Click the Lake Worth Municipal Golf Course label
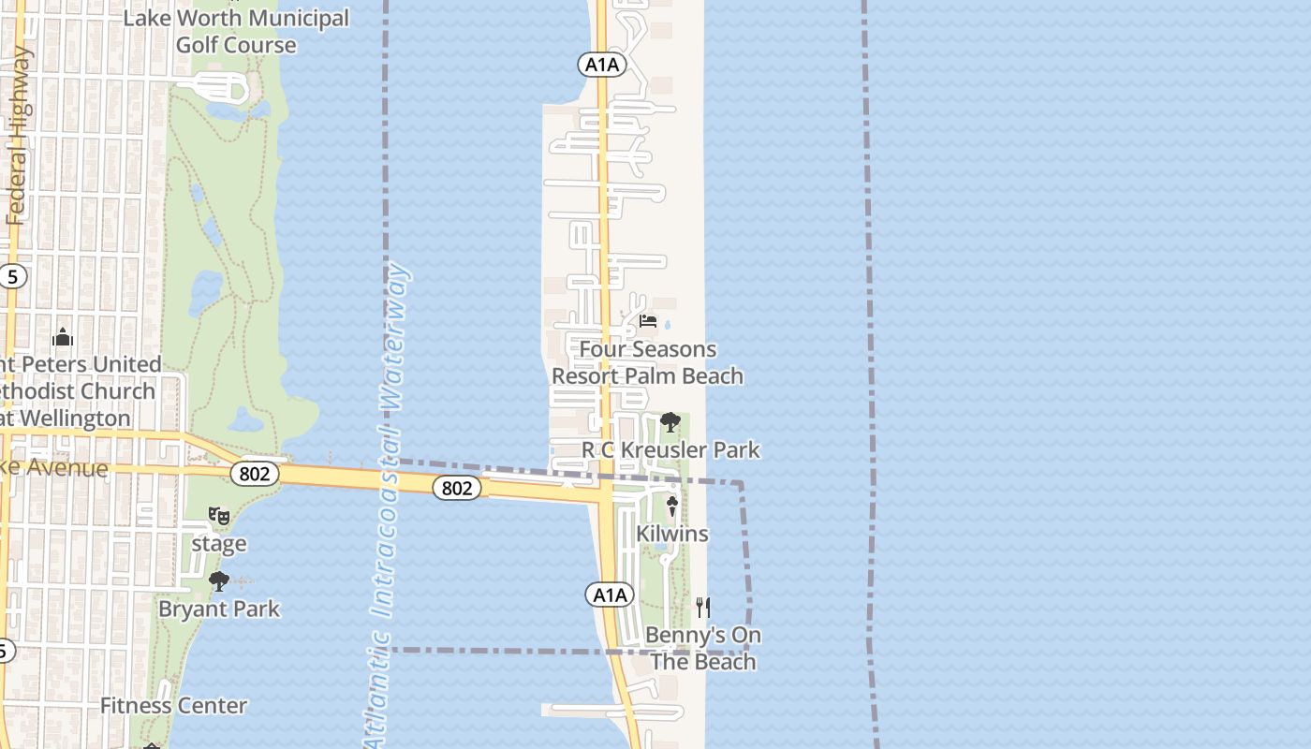[236, 31]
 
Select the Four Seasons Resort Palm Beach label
[647, 362]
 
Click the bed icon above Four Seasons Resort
[647, 322]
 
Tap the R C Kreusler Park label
[670, 449]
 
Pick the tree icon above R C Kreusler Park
[670, 422]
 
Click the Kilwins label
[672, 534]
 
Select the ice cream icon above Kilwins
[672, 507]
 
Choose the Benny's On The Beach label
[703, 648]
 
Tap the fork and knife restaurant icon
[703, 608]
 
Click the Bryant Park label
[219, 609]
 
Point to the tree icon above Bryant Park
[219, 581]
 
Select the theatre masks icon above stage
[219, 516]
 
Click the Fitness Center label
[174, 706]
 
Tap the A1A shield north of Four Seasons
[600, 65]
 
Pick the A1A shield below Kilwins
[610, 595]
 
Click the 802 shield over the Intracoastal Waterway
[457, 488]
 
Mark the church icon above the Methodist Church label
[63, 337]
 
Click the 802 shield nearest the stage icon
[255, 474]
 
